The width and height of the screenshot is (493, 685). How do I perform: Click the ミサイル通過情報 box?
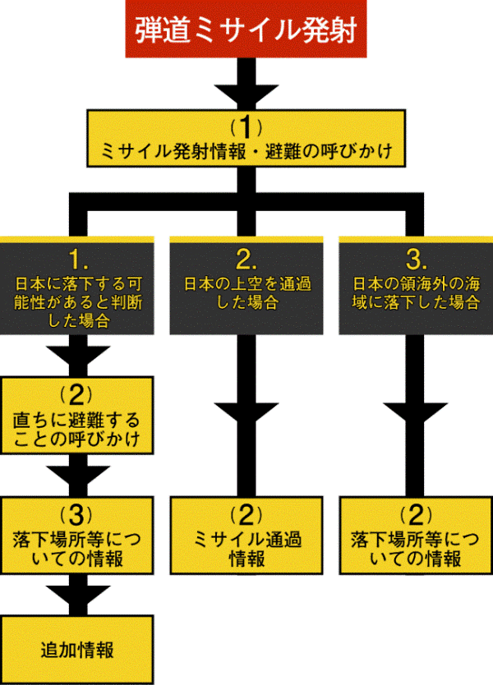pos(245,535)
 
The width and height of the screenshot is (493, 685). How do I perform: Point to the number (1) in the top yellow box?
pos(246,126)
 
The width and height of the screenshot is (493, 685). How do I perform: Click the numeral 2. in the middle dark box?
pos(245,260)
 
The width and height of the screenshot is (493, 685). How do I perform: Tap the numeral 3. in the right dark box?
pos(415,260)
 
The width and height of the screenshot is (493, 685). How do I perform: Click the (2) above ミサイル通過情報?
pos(245,516)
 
